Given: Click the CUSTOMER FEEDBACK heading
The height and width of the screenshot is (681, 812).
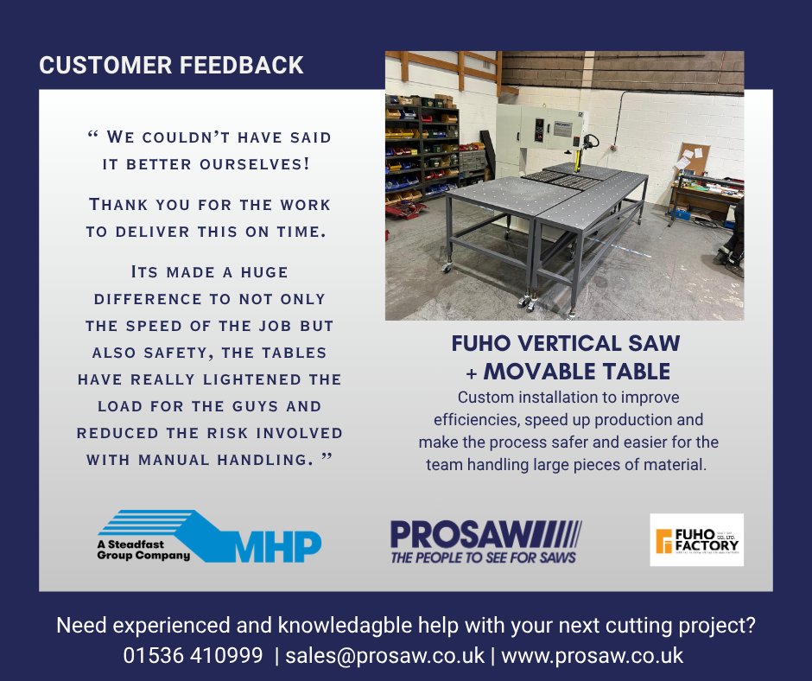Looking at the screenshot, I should click(171, 66).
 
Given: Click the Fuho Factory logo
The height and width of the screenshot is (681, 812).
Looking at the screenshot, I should click(696, 540).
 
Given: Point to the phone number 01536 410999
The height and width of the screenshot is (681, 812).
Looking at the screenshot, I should click(193, 655).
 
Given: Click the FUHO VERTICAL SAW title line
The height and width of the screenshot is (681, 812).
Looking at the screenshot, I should click(565, 343).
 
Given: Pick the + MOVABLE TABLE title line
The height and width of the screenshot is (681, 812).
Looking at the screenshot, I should click(565, 372).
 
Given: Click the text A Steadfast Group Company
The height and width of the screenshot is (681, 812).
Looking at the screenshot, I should click(143, 550).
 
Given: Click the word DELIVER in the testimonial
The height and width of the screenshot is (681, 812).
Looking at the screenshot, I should click(146, 232).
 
